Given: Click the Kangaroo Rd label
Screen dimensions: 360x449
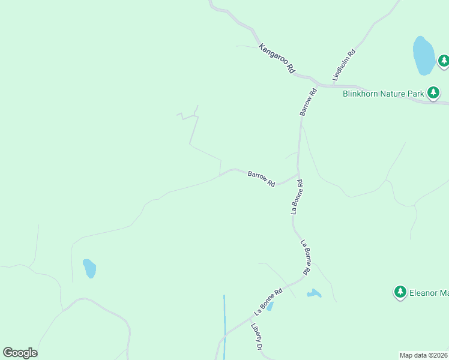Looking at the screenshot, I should click(x=277, y=58).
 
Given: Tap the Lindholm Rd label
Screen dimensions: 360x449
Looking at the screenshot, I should click(x=345, y=65).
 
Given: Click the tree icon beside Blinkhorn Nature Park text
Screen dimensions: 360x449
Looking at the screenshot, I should click(x=433, y=93).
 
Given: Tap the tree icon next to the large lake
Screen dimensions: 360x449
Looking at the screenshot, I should click(x=444, y=61).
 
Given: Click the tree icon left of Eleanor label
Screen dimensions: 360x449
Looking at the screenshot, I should click(x=400, y=292).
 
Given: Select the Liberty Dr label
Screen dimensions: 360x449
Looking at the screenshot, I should click(x=258, y=337).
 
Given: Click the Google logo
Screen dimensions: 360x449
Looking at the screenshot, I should click(x=20, y=352).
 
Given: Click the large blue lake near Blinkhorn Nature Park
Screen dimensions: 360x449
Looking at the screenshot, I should click(x=423, y=55).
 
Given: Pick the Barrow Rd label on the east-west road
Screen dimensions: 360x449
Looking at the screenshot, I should click(x=261, y=178).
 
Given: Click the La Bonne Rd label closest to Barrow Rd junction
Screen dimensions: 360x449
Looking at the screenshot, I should click(x=297, y=197).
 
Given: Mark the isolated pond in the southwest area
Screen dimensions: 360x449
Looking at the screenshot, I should click(x=89, y=268).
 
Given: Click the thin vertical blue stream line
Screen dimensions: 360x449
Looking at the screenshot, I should click(x=224, y=324).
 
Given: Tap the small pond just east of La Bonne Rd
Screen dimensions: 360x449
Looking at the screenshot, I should click(x=313, y=293).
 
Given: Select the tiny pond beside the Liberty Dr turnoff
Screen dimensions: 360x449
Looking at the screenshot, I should click(x=270, y=306).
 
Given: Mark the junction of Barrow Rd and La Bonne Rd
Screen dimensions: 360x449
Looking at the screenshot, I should click(x=298, y=174).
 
